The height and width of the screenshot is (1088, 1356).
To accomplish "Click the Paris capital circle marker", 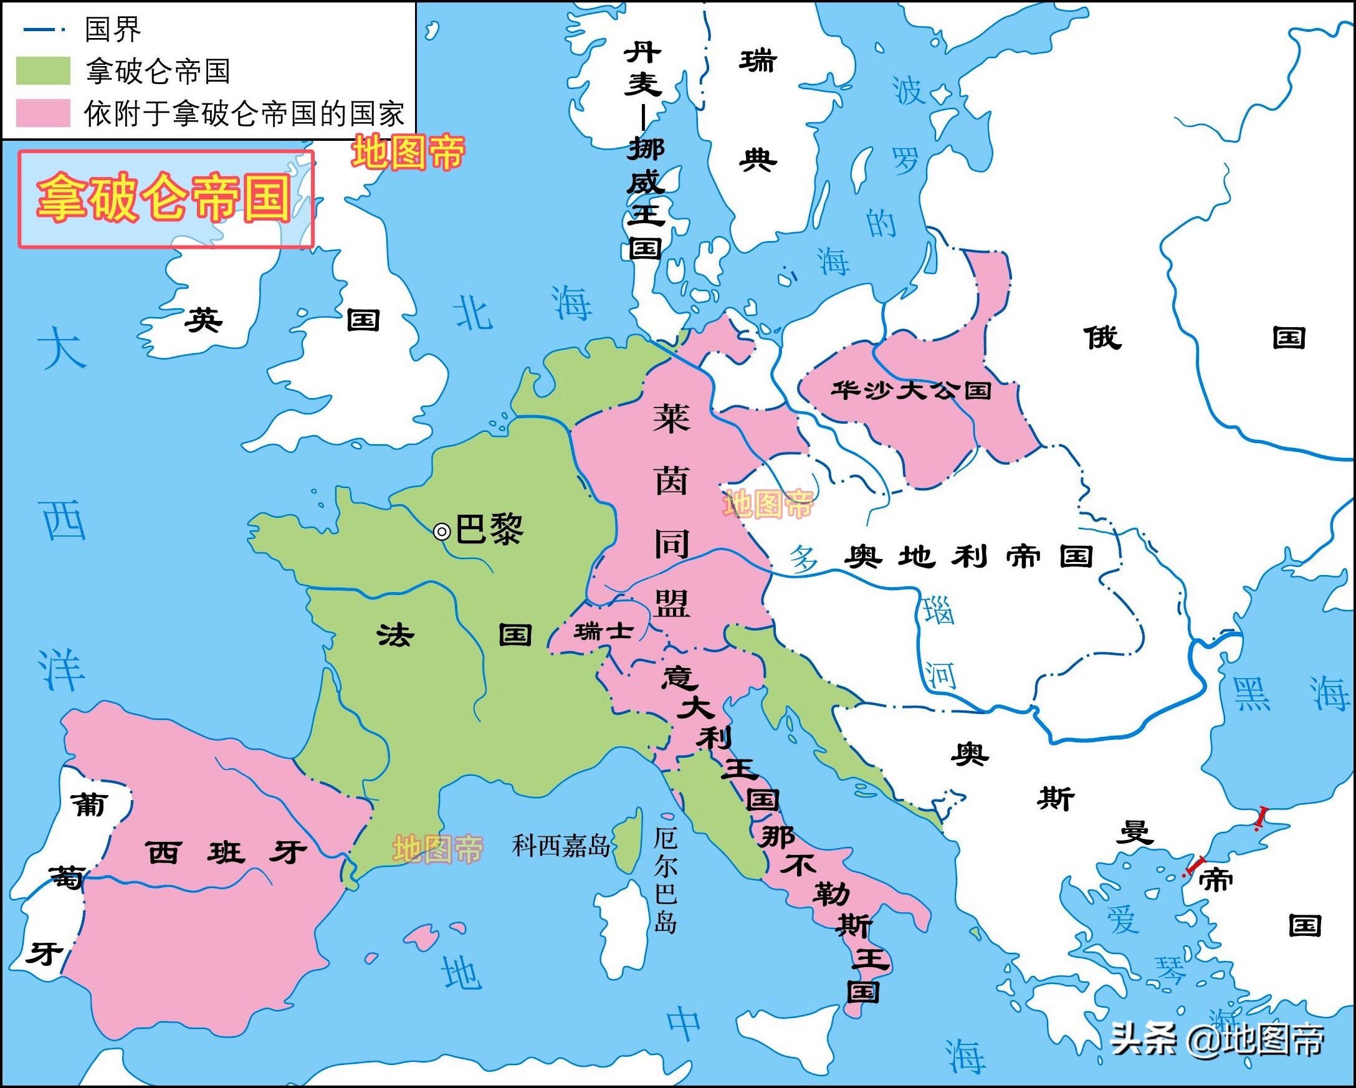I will pos(442,532).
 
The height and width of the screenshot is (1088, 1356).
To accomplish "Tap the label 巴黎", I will pos(489,530).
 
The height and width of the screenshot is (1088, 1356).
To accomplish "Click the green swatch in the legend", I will pos(43,70).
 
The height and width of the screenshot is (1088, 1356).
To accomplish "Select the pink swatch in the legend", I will pos(43,113).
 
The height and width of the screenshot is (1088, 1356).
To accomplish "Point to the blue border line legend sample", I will pos(43,29).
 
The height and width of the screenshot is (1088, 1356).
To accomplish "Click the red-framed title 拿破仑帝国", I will pos(165,198).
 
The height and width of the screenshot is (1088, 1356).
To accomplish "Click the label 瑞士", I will pos(603,630).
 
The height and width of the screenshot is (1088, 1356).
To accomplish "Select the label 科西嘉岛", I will pos(560,846).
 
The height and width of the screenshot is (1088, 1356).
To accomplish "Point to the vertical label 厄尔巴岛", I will pos(666,880).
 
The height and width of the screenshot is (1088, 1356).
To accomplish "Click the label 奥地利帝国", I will pos(968,556).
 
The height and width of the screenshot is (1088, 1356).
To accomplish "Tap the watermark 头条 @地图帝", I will pos(1217,1039).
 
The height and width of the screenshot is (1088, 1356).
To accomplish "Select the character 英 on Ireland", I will pos(203,320).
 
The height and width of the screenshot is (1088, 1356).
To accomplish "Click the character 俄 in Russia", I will pos(1102,338).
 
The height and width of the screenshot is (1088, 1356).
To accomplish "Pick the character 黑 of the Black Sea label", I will pos(1251,694).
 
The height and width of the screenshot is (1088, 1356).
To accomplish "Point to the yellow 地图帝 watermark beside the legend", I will pos(408,153).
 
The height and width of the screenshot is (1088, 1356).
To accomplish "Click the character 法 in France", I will pos(396,634).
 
